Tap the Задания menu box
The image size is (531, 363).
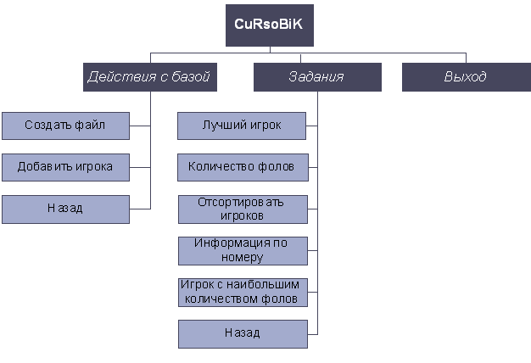(316, 77)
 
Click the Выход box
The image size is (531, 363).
(465, 77)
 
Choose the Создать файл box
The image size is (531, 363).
(65, 126)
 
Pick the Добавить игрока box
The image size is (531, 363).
(65, 167)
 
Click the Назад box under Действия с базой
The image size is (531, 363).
(65, 209)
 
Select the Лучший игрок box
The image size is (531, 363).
(242, 126)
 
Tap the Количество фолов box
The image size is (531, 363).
(242, 167)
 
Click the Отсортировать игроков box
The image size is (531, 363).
(242, 209)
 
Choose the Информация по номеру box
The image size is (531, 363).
(242, 250)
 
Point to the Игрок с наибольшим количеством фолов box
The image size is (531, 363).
(242, 292)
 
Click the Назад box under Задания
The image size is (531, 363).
(242, 332)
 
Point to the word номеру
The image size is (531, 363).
(242, 257)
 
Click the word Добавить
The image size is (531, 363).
(44, 167)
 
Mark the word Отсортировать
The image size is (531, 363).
(242, 202)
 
